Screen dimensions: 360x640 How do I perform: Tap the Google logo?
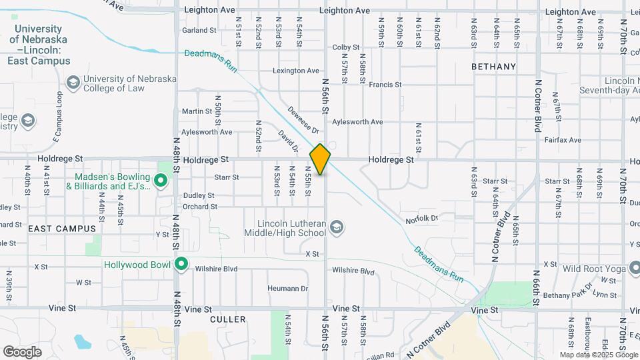22,351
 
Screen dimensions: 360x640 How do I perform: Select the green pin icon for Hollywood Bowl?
181,265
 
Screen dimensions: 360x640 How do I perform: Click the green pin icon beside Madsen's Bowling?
160,180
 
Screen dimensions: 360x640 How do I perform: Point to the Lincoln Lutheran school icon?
337,227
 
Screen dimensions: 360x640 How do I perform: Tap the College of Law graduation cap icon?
73,82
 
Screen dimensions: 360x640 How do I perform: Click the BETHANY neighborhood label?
493,67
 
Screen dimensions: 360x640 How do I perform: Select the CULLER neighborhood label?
228,320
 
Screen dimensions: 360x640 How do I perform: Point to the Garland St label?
199,31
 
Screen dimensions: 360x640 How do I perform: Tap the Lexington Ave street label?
295,71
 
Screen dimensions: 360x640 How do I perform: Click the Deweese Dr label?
304,119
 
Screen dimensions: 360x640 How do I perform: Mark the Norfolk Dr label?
421,219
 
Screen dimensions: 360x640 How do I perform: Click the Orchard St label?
199,207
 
